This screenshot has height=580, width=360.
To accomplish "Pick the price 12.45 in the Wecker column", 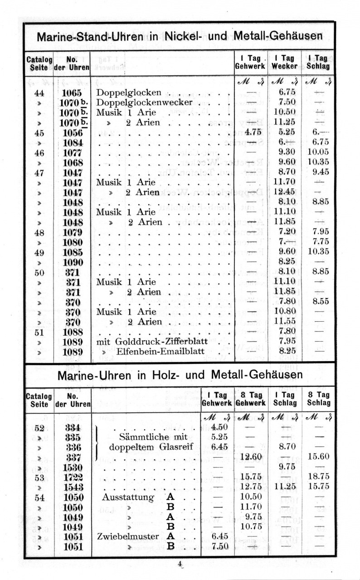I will coord(286,192).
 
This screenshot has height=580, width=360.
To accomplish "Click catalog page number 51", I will coord(39,332).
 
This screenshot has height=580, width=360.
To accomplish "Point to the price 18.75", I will coord(318,477).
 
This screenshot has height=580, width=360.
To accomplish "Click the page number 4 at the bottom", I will coord(180,564).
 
